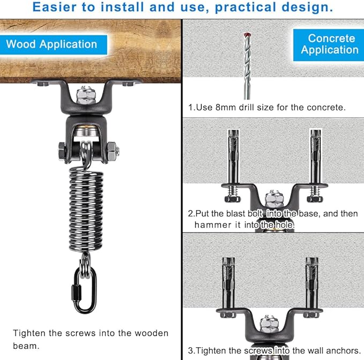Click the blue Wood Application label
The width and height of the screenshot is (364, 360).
[54, 45]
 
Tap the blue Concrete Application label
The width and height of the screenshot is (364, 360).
[329, 45]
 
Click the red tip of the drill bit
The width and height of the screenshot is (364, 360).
[246, 35]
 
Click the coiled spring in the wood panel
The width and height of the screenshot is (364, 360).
[86, 211]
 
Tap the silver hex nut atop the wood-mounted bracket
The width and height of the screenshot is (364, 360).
[86, 95]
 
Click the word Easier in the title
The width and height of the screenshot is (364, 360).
[54, 7]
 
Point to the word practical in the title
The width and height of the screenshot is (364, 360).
[245, 7]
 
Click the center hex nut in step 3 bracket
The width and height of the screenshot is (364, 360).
[269, 324]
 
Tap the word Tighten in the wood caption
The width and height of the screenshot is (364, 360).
[29, 333]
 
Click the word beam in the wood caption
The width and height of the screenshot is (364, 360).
[26, 346]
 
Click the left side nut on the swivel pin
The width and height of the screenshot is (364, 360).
[62, 151]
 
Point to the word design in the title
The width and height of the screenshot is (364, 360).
[307, 7]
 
